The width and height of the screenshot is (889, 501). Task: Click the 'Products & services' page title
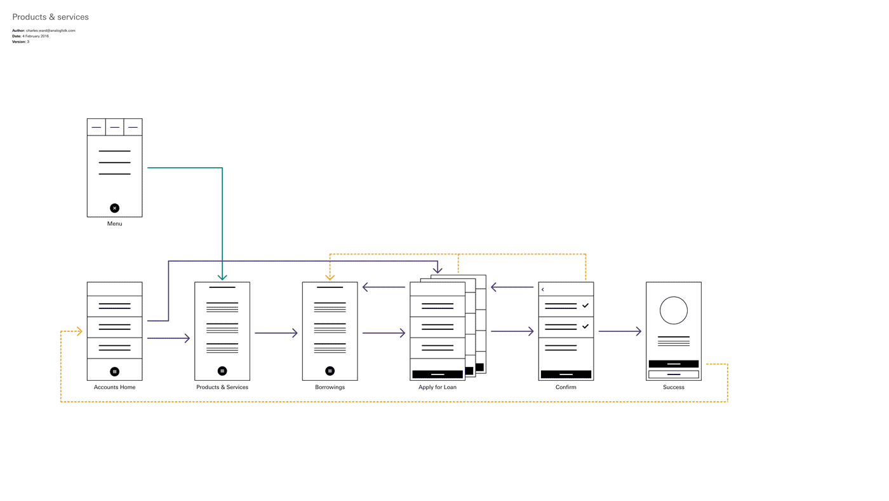50,17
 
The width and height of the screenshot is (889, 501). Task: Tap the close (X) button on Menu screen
115,208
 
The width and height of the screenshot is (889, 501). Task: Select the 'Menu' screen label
115,224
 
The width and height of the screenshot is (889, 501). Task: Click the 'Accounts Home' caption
115,387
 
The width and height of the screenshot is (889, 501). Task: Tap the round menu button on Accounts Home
115,371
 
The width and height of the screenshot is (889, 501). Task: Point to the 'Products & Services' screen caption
222,387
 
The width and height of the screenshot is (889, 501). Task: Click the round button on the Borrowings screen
330,371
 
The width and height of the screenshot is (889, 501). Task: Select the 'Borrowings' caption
330,387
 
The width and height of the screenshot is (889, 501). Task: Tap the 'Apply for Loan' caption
438,387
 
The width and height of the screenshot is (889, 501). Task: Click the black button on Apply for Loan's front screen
438,374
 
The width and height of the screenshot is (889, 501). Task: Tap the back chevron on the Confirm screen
542,290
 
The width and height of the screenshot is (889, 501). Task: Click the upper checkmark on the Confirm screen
585,306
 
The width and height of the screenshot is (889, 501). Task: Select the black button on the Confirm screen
566,374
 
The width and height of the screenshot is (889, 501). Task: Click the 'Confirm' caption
566,387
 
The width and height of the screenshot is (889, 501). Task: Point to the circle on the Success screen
674,297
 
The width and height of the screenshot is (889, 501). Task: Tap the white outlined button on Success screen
674,374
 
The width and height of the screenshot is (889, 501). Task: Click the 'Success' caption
674,387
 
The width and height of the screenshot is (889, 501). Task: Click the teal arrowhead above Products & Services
222,277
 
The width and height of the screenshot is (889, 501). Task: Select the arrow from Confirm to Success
620,331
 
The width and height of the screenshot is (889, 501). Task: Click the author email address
51,31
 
